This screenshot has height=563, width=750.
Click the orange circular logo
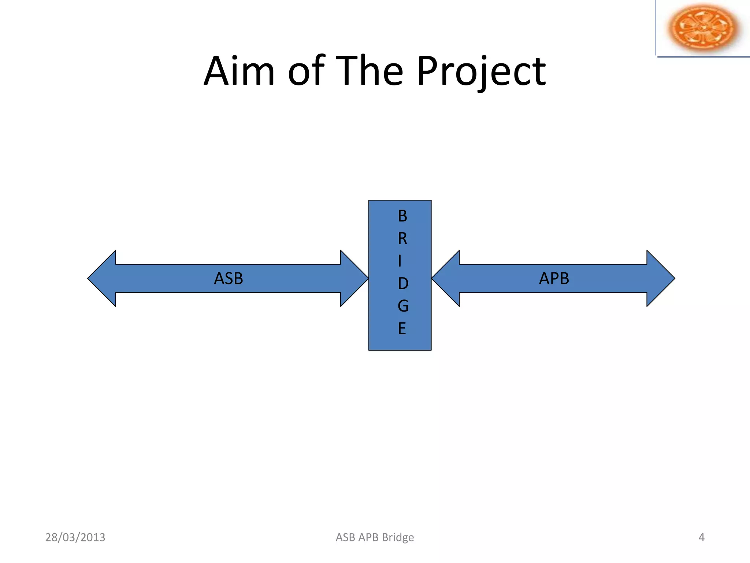pos(702,28)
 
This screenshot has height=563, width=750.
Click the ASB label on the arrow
pos(229,279)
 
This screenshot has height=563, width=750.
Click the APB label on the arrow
pos(554,279)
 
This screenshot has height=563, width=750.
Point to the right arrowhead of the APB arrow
pos(659,279)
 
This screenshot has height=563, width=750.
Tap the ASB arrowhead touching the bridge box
pos(353,279)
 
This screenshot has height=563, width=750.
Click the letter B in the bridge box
pos(402,216)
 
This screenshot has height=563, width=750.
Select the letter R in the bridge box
pos(402,239)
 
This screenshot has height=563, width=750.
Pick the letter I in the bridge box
pos(400,261)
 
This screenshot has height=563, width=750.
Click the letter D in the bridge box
pos(403,284)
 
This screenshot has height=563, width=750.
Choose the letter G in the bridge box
pos(403,306)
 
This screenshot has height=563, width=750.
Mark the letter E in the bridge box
pos(402,329)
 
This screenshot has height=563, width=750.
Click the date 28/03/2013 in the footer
pos(75,537)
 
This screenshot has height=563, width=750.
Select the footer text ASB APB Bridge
pos(375,537)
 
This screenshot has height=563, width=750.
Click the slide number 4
pos(701,537)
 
